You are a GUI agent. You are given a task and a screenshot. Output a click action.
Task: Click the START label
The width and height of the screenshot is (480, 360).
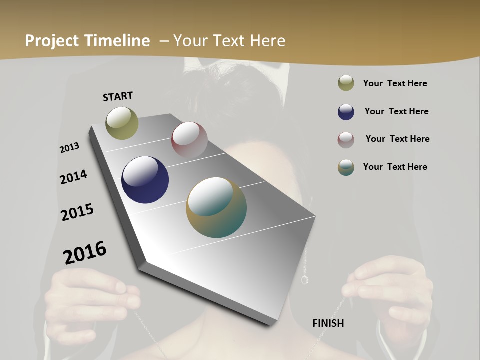click(x=118, y=96)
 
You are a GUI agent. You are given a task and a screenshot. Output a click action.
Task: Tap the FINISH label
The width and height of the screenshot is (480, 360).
click(x=328, y=323)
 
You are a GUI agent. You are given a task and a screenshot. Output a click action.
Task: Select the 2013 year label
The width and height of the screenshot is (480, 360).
click(x=69, y=148)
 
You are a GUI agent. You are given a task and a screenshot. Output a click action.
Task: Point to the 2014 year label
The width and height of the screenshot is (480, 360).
click(x=73, y=177)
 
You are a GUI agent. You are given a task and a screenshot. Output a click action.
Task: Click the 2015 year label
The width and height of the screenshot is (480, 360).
click(x=77, y=212)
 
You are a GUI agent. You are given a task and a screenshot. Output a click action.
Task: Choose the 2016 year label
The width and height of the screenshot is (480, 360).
click(x=85, y=252)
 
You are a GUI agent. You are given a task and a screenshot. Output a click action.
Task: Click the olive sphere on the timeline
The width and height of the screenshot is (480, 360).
click(x=122, y=123)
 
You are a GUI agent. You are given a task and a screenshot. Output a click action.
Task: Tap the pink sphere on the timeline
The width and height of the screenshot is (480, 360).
click(x=189, y=139)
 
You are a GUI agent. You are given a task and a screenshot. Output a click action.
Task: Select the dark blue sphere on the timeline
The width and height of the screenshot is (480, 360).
click(x=145, y=179)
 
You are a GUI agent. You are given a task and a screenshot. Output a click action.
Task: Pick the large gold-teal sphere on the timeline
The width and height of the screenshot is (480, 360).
click(x=216, y=207)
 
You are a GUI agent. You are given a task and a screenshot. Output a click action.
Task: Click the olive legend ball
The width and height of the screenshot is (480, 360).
click(x=346, y=83)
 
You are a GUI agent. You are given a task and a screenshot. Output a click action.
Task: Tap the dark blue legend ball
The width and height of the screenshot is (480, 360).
click(x=346, y=112)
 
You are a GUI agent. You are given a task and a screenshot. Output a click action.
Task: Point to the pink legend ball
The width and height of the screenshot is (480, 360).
click(x=346, y=140)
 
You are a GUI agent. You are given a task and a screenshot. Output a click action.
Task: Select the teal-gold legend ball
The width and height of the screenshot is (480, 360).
click(x=346, y=167)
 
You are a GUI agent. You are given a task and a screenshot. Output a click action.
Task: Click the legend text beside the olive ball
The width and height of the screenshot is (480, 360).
click(x=395, y=84)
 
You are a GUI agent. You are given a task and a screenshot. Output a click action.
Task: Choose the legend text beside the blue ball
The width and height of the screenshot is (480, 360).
click(x=396, y=111)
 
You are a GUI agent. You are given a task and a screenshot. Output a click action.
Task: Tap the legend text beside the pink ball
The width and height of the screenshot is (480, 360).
click(x=397, y=139)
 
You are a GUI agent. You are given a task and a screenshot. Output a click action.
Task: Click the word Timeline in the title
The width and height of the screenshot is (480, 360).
click(x=117, y=41)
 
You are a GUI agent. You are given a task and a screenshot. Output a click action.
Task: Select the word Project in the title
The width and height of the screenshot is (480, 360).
click(x=52, y=41)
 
